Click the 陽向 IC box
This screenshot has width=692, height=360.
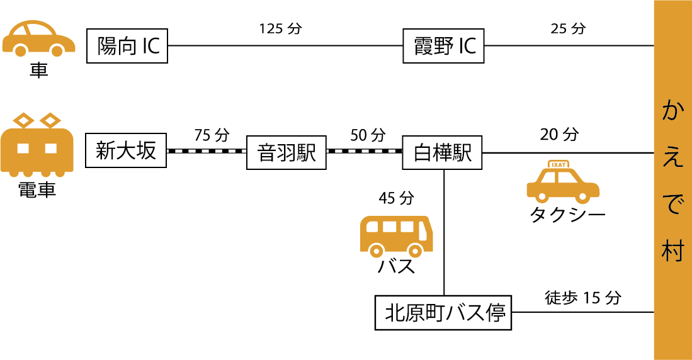click(x=127, y=45)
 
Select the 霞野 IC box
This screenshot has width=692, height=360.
click(x=443, y=45)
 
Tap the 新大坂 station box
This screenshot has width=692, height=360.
click(x=126, y=151)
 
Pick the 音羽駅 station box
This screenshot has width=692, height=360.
click(x=286, y=152)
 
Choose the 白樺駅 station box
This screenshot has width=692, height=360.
click(x=443, y=152)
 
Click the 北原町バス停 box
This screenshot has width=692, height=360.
click(x=443, y=313)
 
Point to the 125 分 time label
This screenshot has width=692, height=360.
click(x=280, y=29)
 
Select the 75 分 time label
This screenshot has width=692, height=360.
click(x=212, y=135)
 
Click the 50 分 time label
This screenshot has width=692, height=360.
click(x=367, y=135)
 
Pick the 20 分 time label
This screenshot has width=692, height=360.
click(x=559, y=134)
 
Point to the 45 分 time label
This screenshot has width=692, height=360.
click(x=396, y=198)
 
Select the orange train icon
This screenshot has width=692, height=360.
click(x=38, y=146)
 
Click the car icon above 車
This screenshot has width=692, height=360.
click(x=38, y=39)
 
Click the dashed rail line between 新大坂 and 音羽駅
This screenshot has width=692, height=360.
click(x=206, y=151)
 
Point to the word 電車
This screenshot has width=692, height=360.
click(x=38, y=190)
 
